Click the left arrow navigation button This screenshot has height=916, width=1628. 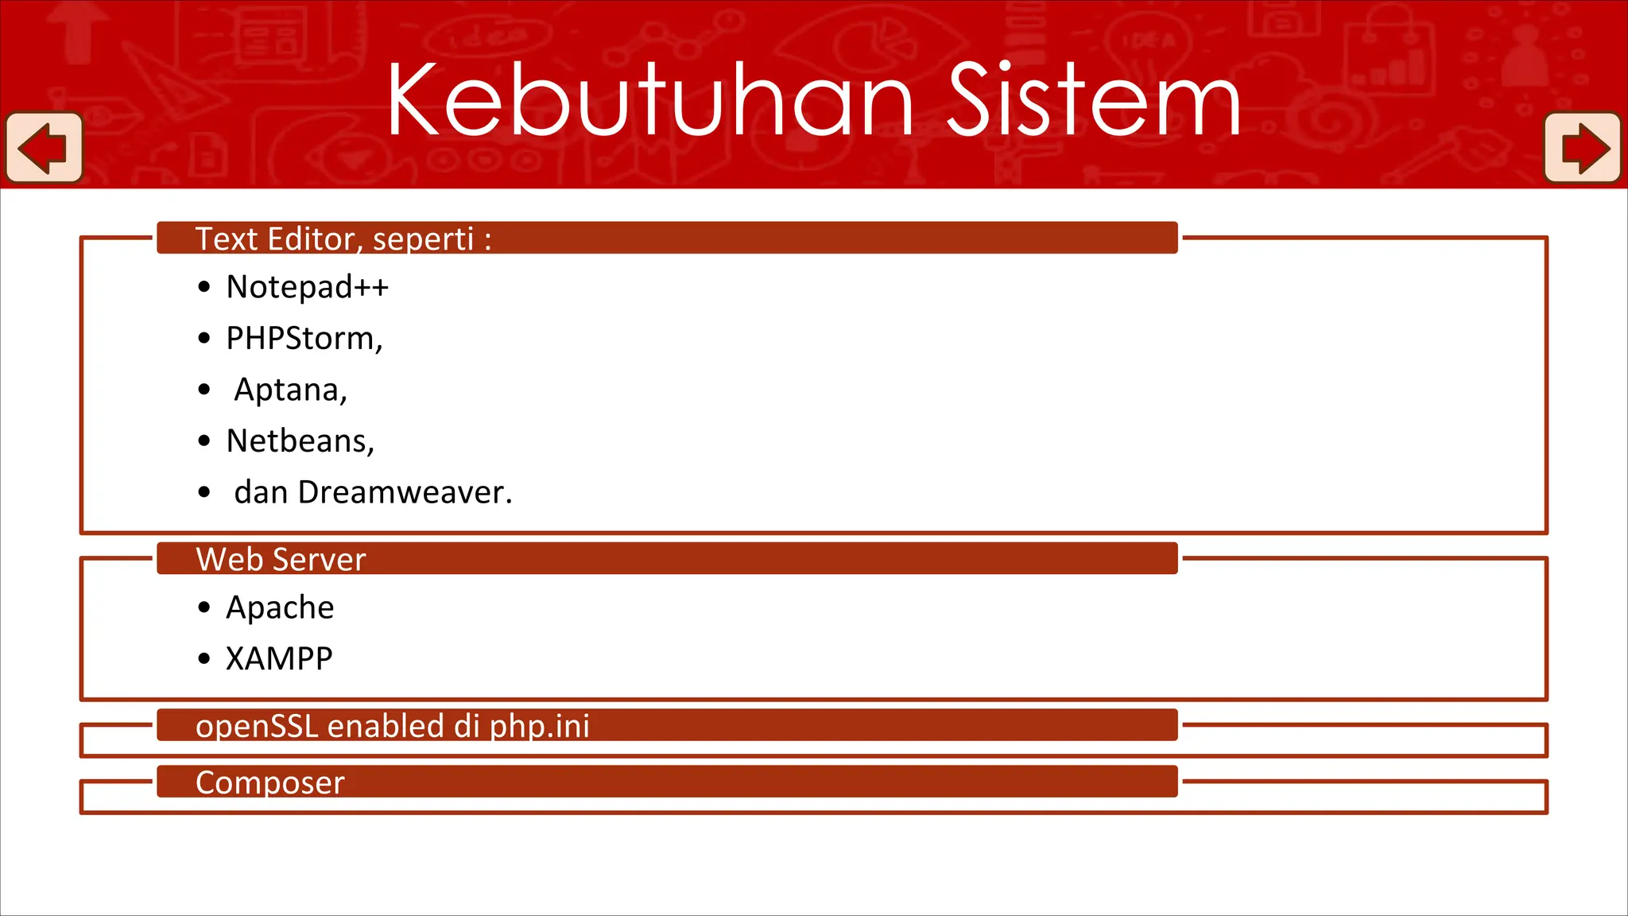pos(45,148)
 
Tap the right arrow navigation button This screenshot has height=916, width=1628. pos(1583,148)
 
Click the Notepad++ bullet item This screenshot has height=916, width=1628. pos(307,287)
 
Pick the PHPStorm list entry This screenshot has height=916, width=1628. pos(304,339)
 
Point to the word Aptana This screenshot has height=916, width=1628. pos(290,390)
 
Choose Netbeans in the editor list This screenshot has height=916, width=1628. pos(300,441)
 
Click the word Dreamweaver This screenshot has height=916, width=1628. pos(405,493)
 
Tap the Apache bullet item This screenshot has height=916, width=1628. pos(280,607)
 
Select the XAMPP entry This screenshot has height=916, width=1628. pos(279,659)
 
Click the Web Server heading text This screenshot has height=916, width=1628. pos(281,560)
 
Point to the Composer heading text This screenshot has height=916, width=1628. pos(269,783)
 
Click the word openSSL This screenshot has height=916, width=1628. pos(257,727)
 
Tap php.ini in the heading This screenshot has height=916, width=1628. pos(540,727)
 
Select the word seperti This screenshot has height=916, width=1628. pos(423,239)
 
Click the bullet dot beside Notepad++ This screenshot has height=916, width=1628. pos(204,287)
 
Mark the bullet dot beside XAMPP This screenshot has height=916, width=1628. pos(204,659)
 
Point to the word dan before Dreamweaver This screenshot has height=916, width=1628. pos(261,493)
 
